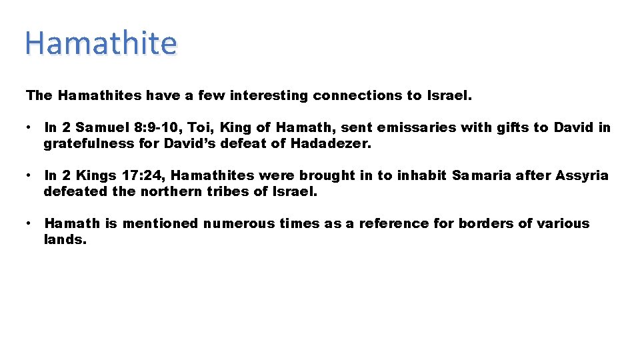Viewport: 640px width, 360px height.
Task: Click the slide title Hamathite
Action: [x=101, y=44]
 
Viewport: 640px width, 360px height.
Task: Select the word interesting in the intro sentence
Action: [x=269, y=95]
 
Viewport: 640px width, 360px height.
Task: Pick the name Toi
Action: [x=191, y=127]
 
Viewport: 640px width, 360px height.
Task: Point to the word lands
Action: [x=65, y=239]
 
